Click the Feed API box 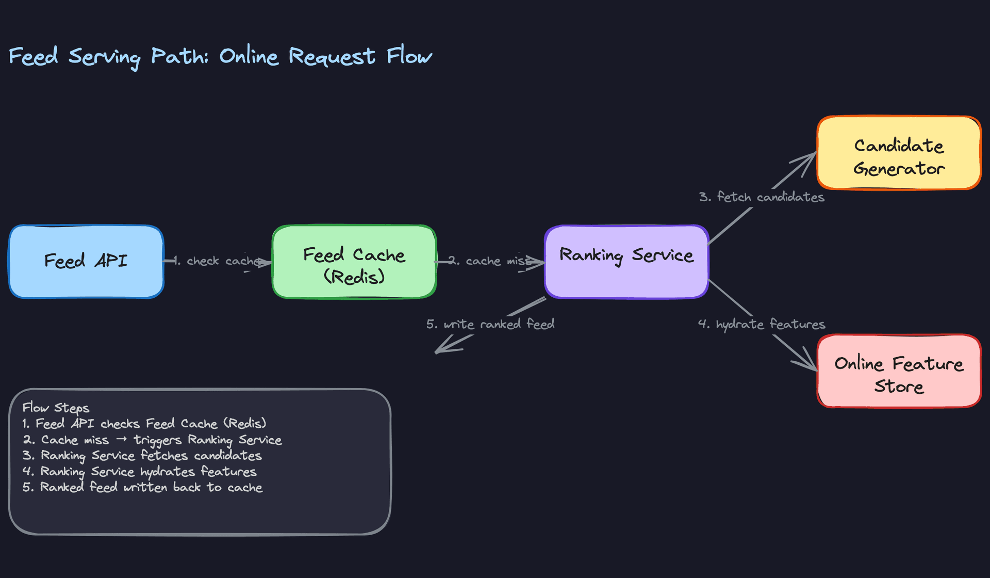pos(86,261)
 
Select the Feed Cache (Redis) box pos(354,262)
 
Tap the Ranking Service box pos(626,262)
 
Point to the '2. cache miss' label pos(490,261)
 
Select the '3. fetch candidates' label pos(762,197)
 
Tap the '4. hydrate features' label pos(762,324)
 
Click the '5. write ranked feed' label pos(490,324)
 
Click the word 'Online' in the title pos(249,56)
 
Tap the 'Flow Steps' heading pos(56,408)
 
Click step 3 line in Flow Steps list pos(142,456)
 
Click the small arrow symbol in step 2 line pos(121,440)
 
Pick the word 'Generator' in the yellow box pos(899,169)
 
